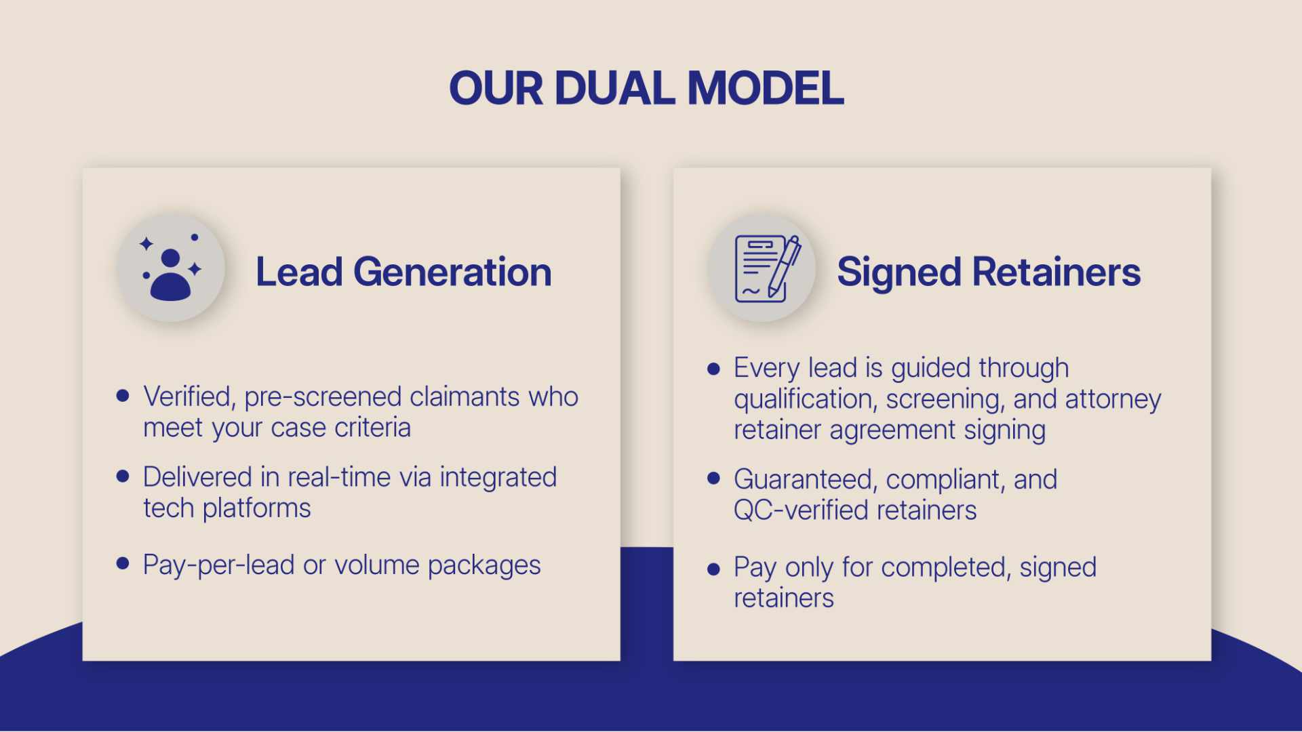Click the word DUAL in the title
coord(614,89)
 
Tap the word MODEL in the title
coord(766,89)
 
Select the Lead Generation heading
coord(403,272)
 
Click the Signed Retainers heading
coord(989,272)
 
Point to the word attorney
coord(1113,400)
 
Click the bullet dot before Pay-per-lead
coord(123,563)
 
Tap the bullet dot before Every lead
coord(713,369)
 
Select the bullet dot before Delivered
coord(123,476)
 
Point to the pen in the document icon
coord(785,266)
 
